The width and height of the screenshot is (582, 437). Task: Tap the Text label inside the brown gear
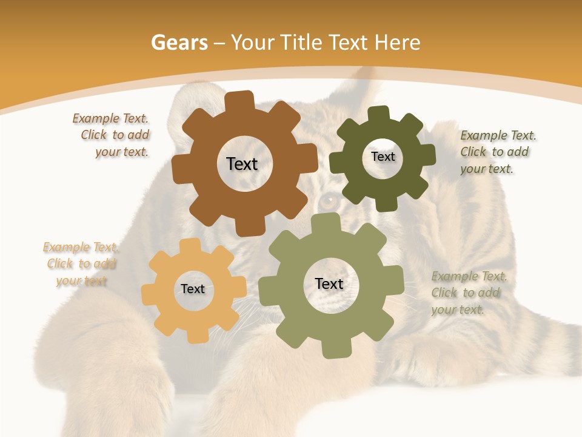[x=242, y=164]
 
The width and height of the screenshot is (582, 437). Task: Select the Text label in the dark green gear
[x=383, y=157]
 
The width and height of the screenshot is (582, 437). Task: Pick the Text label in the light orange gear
[x=193, y=289]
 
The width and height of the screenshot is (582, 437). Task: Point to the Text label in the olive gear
[x=329, y=283]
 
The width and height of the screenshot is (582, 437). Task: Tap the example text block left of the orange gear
[x=81, y=264]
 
